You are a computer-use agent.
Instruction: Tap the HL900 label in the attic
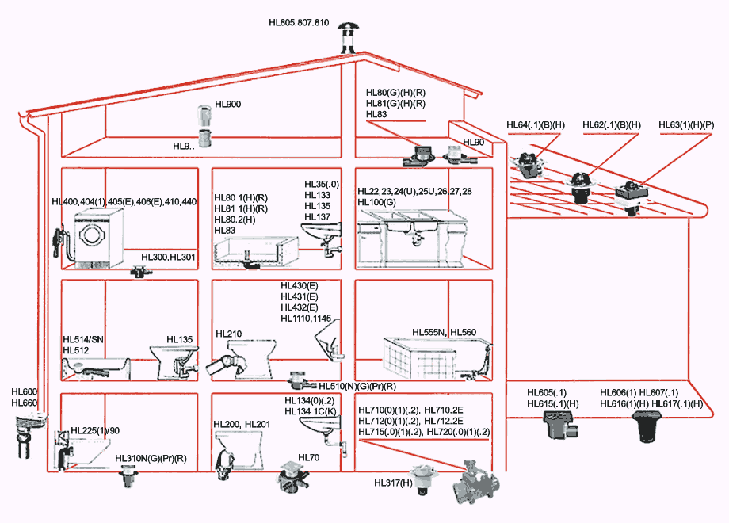[x=228, y=105]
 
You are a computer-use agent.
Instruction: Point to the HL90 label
[x=473, y=143]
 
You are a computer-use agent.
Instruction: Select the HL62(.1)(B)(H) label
[x=612, y=125]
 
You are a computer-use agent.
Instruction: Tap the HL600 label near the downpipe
[x=24, y=391]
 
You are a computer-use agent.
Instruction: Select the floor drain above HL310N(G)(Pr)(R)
[x=125, y=476]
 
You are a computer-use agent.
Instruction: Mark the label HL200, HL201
[x=242, y=425]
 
